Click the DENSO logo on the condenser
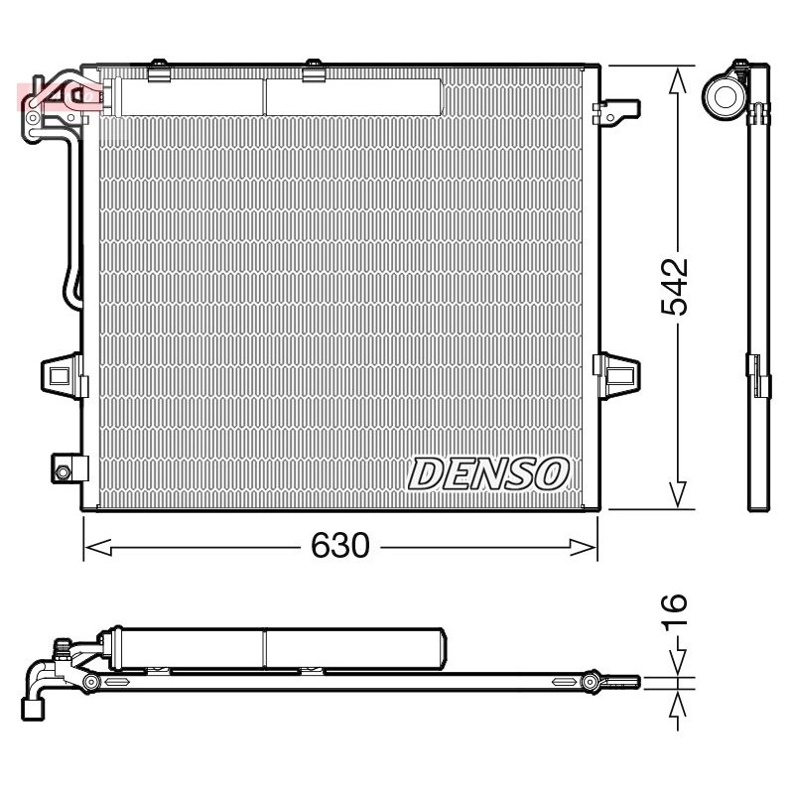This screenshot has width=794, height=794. click(488, 473)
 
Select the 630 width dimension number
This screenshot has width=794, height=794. click(339, 545)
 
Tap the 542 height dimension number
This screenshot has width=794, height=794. click(675, 287)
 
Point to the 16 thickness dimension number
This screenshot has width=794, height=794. click(675, 612)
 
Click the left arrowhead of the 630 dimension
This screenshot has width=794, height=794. click(97, 547)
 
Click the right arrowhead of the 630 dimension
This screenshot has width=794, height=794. click(584, 547)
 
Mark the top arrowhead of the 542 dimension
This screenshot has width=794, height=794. click(678, 80)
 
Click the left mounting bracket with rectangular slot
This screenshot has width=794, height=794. click(64, 376)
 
